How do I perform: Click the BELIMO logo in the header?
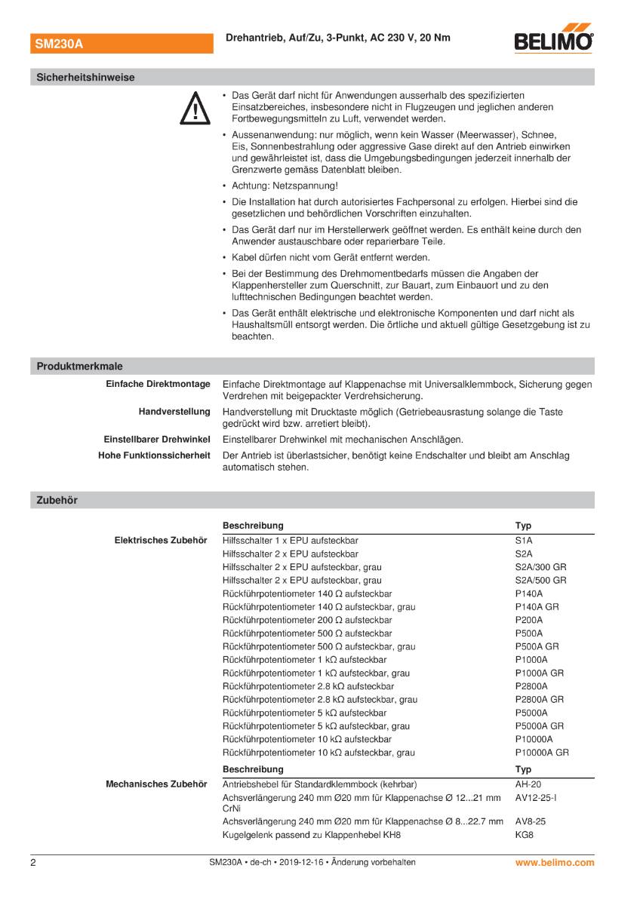tap(553, 42)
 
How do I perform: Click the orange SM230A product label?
tap(58, 44)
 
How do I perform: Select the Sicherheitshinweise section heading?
tap(85, 78)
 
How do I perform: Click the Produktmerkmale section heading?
tap(80, 367)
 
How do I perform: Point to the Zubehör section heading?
tap(57, 500)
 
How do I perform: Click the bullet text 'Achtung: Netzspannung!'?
tap(285, 186)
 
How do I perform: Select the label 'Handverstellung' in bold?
tap(174, 413)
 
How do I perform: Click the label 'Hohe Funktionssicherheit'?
tap(154, 456)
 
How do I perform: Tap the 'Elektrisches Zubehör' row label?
tap(160, 541)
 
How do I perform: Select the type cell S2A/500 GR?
tap(540, 581)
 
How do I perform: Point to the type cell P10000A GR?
tap(542, 753)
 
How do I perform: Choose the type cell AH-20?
tap(528, 784)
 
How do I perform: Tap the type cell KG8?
tap(525, 835)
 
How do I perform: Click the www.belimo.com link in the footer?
tap(555, 862)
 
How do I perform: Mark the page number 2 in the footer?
tap(33, 862)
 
